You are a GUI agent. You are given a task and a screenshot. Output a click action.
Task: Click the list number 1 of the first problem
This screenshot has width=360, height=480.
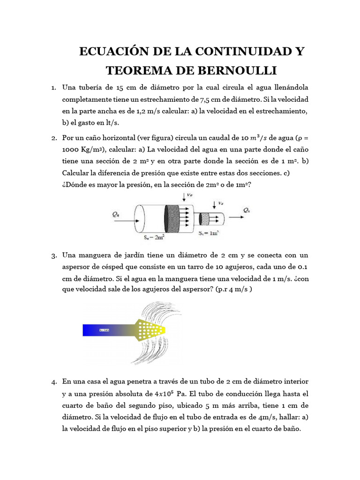pyautogui.click(x=54, y=88)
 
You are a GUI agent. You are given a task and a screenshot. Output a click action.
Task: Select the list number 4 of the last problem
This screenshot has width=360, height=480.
pyautogui.click(x=54, y=382)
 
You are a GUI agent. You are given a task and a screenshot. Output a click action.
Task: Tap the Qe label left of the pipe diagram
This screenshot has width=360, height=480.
pyautogui.click(x=116, y=214)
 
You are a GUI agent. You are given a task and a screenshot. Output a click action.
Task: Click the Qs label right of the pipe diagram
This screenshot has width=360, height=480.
pyautogui.click(x=246, y=211)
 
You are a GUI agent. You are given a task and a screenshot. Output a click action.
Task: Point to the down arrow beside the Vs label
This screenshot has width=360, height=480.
pyautogui.click(x=213, y=203)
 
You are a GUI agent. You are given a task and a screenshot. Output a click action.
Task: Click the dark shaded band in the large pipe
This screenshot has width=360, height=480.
pyautogui.click(x=172, y=219)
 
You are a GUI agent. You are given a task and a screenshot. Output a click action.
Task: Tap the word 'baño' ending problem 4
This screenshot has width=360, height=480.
pyautogui.click(x=289, y=428)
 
